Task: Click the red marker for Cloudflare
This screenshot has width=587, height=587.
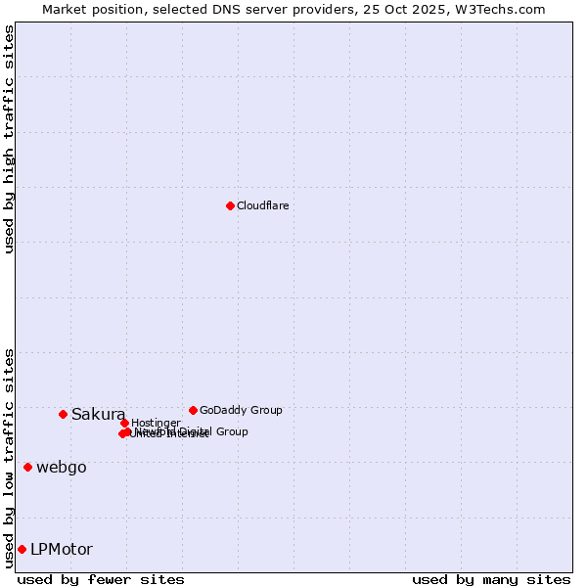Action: point(230,205)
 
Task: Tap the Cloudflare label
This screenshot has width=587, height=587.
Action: point(262,206)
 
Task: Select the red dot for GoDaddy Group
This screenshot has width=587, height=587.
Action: point(193,410)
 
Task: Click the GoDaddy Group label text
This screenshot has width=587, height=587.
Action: point(241,411)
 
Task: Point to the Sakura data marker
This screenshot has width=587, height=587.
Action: point(63,414)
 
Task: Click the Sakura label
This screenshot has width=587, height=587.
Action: point(98,415)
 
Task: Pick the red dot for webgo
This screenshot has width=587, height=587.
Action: point(27,467)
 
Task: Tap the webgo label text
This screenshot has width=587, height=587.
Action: point(62,468)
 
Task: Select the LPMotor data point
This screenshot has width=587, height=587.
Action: point(22,549)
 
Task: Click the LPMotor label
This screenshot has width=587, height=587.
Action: point(62,550)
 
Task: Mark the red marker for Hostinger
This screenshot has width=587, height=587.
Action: point(124,423)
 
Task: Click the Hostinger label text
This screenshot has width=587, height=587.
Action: point(156,424)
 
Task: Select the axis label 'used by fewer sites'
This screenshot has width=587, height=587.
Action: point(101,580)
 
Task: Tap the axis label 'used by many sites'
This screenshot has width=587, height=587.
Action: point(491,580)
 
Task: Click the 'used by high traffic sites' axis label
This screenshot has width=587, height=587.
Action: point(9,139)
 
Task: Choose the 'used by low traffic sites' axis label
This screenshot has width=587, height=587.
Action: point(9,458)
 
